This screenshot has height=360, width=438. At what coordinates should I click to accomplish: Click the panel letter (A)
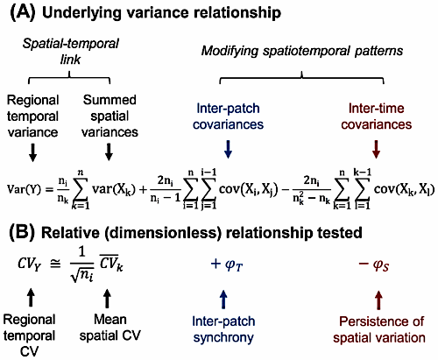pyautogui.click(x=23, y=13)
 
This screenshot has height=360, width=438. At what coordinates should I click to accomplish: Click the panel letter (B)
pyautogui.click(x=22, y=233)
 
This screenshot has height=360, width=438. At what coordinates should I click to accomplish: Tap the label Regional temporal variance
pyautogui.click(x=32, y=116)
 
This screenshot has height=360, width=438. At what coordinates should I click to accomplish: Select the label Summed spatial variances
pyautogui.click(x=109, y=116)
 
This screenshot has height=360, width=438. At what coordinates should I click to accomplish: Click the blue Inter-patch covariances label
pyautogui.click(x=228, y=116)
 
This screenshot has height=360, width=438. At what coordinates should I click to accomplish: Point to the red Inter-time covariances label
pyautogui.click(x=377, y=116)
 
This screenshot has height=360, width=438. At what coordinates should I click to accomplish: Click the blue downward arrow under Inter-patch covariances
pyautogui.click(x=228, y=150)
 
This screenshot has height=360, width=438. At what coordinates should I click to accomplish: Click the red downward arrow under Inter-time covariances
pyautogui.click(x=377, y=150)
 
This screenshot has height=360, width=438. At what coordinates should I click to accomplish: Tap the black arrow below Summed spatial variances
pyautogui.click(x=109, y=152)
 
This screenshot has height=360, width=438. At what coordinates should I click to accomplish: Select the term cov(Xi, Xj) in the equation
pyautogui.click(x=248, y=190)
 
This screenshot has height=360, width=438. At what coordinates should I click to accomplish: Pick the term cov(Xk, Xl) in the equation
pyautogui.click(x=405, y=190)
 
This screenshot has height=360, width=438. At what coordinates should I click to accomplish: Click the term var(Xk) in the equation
pyautogui.click(x=114, y=190)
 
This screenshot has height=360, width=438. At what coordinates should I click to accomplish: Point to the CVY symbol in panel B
pyautogui.click(x=30, y=264)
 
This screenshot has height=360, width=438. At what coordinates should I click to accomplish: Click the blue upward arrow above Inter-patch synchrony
pyautogui.click(x=223, y=299)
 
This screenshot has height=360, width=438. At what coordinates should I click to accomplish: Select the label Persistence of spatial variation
pyautogui.click(x=379, y=329)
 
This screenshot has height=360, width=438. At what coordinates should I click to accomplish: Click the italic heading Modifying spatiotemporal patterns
pyautogui.click(x=302, y=51)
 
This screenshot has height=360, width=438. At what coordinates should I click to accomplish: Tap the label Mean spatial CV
pyautogui.click(x=110, y=328)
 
